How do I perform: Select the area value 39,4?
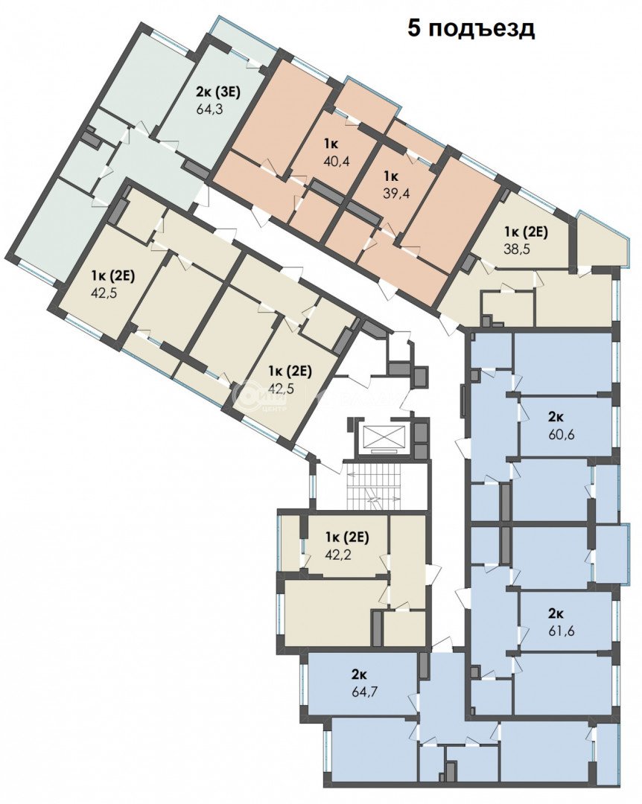(397, 193)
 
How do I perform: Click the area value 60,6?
(560, 434)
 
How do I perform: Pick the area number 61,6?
(560, 631)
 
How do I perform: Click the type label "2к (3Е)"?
(218, 92)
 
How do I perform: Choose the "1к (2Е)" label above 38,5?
(526, 232)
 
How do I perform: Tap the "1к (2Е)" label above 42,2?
(347, 537)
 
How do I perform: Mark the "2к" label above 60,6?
(556, 417)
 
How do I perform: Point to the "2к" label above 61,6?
(556, 613)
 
